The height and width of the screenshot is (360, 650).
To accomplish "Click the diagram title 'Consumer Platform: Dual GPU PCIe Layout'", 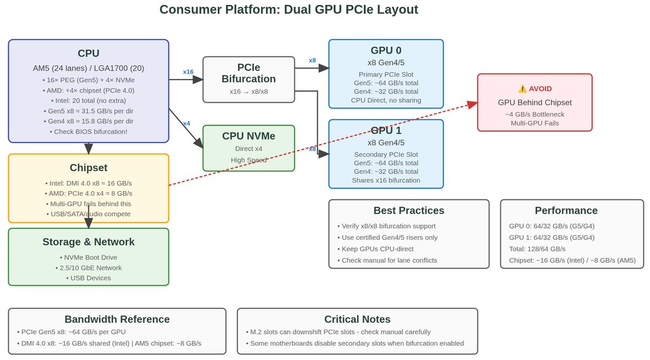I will click(x=289, y=10).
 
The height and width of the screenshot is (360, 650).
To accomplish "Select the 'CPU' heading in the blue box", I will click(x=88, y=53).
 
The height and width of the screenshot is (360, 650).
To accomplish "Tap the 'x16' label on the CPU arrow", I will click(x=188, y=71).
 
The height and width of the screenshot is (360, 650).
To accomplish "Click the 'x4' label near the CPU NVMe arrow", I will click(x=186, y=123).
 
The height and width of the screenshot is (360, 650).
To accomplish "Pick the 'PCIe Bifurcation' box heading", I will click(x=249, y=73).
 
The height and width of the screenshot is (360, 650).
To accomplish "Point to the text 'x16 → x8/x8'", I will click(x=249, y=91).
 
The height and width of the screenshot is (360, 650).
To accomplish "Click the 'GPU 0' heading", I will click(x=386, y=50).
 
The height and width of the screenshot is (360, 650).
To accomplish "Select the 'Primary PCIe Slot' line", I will click(x=386, y=74).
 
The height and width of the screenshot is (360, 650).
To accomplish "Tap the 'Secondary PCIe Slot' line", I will click(x=386, y=154).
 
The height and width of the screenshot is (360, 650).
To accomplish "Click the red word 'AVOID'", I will click(x=540, y=89).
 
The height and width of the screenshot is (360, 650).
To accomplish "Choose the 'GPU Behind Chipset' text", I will click(x=535, y=102).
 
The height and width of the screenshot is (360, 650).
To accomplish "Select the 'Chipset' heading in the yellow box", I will click(x=88, y=168).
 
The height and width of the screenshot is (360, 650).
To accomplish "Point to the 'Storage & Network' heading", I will click(x=88, y=242).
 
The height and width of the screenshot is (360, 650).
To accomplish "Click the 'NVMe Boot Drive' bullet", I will click(x=88, y=257).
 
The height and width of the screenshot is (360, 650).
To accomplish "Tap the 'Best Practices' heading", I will click(x=408, y=211).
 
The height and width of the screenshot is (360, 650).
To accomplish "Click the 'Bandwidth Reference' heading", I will click(x=117, y=319).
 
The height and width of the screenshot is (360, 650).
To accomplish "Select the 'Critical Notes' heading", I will click(x=357, y=319).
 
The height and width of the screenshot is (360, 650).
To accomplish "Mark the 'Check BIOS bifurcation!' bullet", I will click(x=88, y=132).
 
